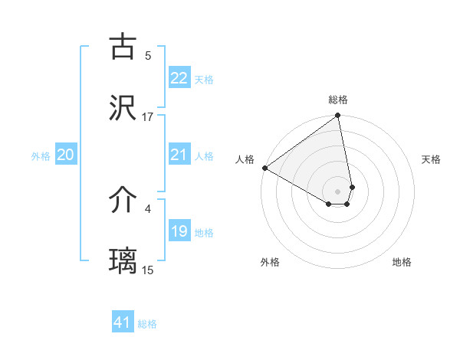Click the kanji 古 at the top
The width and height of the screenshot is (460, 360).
123,47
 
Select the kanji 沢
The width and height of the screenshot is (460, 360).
123,108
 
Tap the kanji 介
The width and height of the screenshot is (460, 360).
123,200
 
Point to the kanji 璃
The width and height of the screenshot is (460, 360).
123,261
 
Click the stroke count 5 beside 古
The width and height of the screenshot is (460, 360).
148,55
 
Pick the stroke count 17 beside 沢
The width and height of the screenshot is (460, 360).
148,116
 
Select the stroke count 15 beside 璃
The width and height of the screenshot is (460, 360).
148,270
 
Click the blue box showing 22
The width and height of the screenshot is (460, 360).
179,78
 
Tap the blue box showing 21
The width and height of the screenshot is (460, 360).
179,155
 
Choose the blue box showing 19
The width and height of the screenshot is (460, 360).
179,231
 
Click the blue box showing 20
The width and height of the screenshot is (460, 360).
65,155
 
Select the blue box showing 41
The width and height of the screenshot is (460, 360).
123,322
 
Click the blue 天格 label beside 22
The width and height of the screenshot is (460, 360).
204,79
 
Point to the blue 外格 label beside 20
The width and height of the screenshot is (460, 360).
41,155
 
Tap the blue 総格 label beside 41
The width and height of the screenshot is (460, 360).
147,324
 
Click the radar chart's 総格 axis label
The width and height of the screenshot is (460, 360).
338,100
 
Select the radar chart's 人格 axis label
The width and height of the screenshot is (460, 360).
245,159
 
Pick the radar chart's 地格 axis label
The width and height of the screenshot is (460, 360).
402,262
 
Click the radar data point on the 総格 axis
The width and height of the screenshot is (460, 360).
338,116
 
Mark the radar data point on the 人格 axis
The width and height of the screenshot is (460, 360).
264,168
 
